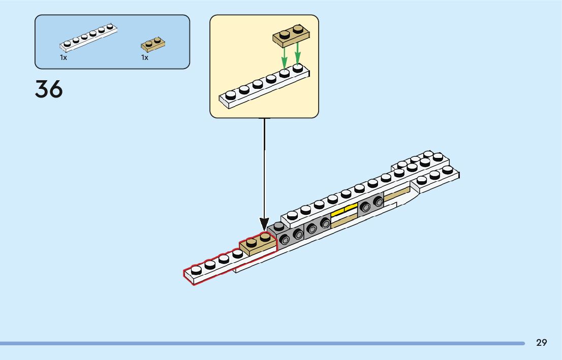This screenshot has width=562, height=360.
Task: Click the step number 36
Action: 49,89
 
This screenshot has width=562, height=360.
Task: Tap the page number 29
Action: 542,343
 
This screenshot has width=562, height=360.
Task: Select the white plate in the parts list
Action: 88,38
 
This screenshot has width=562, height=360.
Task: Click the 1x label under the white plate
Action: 64,58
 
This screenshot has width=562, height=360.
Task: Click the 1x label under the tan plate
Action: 145,58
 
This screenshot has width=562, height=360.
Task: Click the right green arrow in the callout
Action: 298,53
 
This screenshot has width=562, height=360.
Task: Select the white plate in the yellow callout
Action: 264,89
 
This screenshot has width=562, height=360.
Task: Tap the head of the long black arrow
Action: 264,223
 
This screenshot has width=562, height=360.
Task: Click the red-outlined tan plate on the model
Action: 258,244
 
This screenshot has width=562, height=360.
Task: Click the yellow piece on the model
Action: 344,211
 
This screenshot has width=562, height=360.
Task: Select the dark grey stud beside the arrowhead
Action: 278,226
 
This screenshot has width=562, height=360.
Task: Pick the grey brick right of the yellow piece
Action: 370,205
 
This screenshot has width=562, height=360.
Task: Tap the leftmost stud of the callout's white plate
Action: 231,95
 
